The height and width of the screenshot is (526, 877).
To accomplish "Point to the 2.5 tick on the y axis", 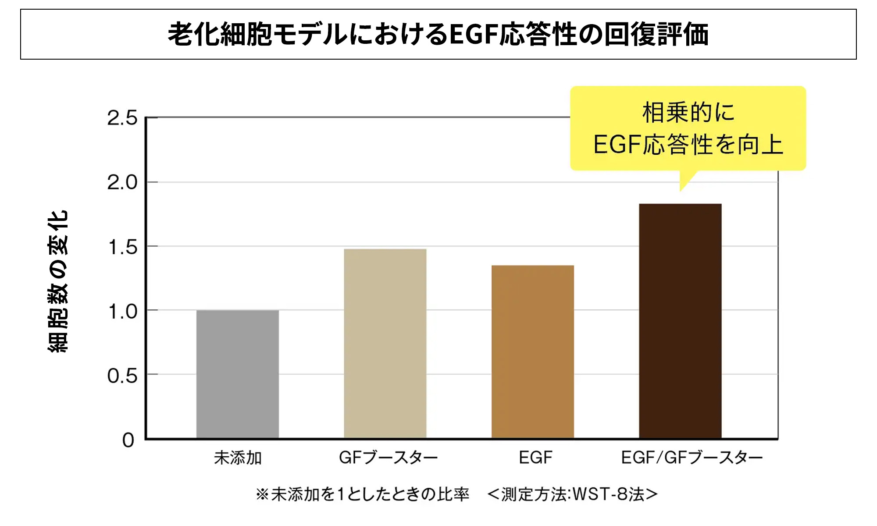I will click(122, 118).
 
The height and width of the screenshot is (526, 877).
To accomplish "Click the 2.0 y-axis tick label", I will click(122, 182).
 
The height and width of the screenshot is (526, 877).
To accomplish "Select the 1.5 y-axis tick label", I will click(122, 247).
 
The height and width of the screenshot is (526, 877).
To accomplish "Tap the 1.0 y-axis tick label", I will click(122, 312).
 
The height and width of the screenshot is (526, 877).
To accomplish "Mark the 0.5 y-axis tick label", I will click(122, 376).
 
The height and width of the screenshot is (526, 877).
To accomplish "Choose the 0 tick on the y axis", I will click(128, 440).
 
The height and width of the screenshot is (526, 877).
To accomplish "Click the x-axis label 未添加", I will click(238, 458).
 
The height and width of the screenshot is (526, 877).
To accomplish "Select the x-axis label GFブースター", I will click(388, 458).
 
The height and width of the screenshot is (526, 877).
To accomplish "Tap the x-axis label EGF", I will click(535, 458).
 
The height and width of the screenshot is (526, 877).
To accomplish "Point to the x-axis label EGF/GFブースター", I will click(692, 458).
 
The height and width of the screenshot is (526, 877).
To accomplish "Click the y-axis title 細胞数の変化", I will click(58, 281).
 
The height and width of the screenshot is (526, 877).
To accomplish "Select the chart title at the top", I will click(438, 34).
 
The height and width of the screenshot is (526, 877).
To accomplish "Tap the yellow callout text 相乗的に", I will click(688, 112).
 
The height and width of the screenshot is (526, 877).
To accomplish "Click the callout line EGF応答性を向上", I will click(688, 145).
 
